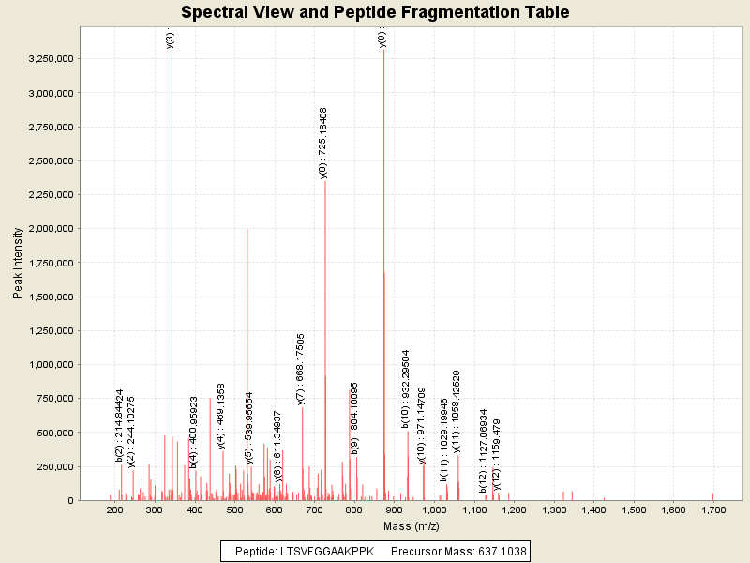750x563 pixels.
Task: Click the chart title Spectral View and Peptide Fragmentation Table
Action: click(375, 12)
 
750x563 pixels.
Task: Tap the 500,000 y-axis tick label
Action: click(52, 433)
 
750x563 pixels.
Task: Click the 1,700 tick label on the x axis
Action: click(713, 510)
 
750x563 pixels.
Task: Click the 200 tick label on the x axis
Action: click(114, 510)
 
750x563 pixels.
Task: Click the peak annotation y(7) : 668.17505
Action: click(301, 369)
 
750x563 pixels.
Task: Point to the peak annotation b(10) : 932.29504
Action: click(407, 389)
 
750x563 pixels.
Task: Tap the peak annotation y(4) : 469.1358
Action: click(221, 416)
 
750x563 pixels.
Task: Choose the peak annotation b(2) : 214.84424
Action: click(120, 425)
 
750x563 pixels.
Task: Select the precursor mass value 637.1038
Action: click(495, 551)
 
